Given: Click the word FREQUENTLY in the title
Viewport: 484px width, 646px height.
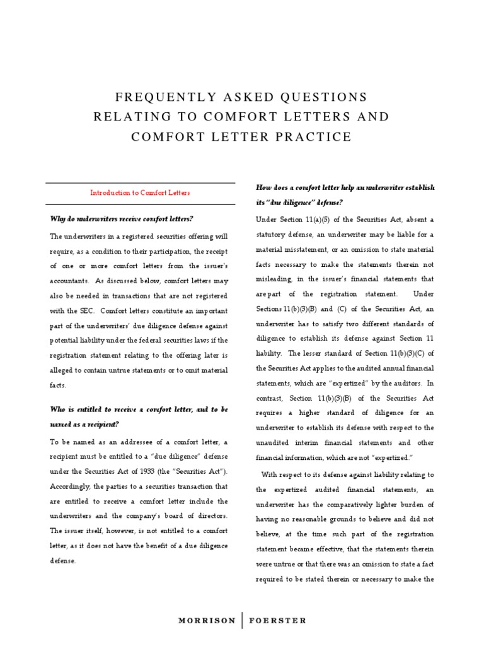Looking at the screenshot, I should pos(155,97).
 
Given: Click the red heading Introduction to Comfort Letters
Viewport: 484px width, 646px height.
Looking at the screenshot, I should pos(140,192).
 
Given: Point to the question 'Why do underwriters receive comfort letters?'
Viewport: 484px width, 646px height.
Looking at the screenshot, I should pos(122,218).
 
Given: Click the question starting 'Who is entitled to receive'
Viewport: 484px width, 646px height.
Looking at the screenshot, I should pos(139,409).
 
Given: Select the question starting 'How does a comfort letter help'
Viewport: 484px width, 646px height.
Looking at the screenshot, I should pos(345,188).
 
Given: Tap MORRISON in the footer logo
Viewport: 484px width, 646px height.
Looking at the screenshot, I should pos(207,620).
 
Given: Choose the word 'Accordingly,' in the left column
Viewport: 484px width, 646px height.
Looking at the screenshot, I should pos(69,486).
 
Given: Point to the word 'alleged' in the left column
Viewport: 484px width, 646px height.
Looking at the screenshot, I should pos(63,370).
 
